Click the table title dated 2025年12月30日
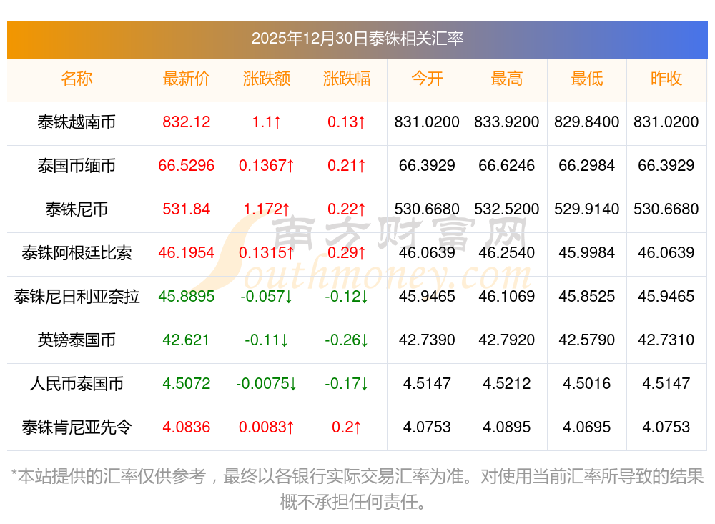click(x=357, y=38)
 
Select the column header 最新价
click(x=187, y=79)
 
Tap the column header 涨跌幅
click(x=347, y=79)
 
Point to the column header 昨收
click(x=666, y=79)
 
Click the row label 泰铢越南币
click(x=77, y=122)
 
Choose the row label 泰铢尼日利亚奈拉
click(x=77, y=297)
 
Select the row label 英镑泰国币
click(x=77, y=340)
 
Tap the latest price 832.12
click(x=187, y=122)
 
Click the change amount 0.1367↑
click(x=267, y=166)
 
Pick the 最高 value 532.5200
click(x=507, y=209)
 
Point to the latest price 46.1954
click(x=187, y=253)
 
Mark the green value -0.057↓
click(x=267, y=297)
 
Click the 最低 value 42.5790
click(x=587, y=340)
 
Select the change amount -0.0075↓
click(x=267, y=384)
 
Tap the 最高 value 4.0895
click(x=507, y=427)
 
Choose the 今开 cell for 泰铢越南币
click(x=427, y=122)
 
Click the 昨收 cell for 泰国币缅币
click(x=666, y=166)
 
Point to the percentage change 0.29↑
click(x=347, y=253)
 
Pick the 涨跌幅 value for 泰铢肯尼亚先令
click(x=347, y=427)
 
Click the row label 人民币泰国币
click(x=77, y=384)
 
